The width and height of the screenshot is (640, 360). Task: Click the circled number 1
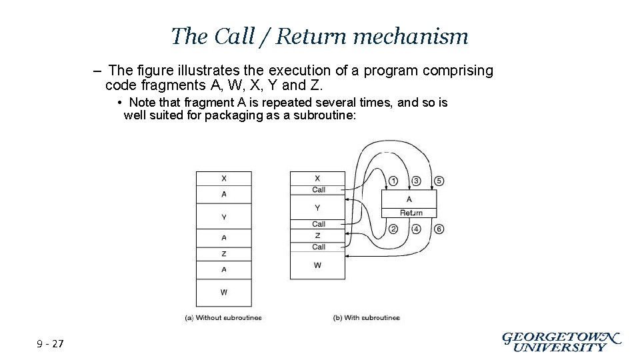click(393, 181)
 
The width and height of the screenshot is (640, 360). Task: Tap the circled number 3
click(416, 181)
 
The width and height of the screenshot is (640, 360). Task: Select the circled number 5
click(439, 181)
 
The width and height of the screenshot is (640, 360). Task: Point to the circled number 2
click(393, 229)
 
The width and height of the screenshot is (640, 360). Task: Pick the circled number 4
click(416, 229)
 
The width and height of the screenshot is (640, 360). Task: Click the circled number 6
click(439, 229)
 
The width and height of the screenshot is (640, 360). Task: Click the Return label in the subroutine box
click(411, 213)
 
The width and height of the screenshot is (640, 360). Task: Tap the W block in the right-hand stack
click(317, 265)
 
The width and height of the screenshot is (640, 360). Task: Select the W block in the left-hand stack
click(223, 292)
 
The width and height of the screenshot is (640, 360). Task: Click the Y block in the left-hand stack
click(223, 217)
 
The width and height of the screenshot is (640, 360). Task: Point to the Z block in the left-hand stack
click(223, 254)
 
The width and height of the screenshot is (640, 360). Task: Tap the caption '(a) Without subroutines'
click(223, 318)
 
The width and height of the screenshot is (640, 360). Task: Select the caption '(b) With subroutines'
click(366, 318)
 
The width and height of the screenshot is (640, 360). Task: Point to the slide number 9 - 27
click(51, 344)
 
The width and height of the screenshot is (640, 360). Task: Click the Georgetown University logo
click(561, 341)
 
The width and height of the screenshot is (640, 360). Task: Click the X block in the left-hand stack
click(223, 178)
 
